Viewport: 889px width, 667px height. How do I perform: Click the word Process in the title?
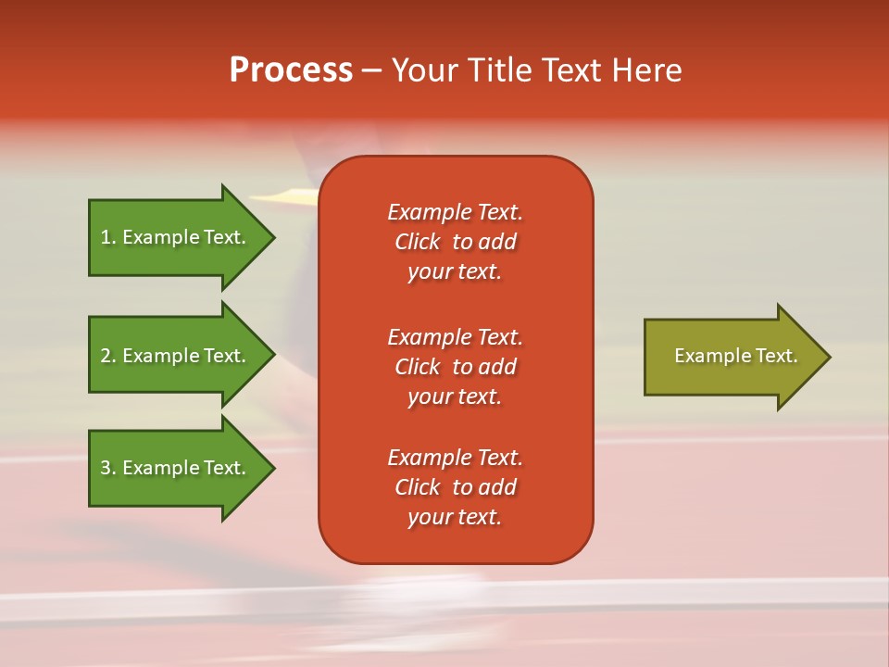(291, 70)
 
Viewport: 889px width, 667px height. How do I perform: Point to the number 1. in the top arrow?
(108, 237)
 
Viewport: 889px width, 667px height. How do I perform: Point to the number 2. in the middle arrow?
(108, 356)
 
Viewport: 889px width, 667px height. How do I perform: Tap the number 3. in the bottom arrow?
(108, 468)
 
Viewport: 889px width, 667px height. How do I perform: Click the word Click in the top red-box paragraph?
(417, 242)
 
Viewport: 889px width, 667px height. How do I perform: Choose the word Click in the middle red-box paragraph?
(417, 367)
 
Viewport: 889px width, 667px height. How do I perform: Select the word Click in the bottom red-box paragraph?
(417, 487)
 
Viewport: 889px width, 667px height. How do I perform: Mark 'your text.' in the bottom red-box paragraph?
(455, 517)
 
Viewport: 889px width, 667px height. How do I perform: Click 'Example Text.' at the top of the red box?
(455, 212)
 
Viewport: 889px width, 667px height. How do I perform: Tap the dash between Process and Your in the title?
(371, 70)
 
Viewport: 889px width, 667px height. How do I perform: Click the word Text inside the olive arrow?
(777, 356)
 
